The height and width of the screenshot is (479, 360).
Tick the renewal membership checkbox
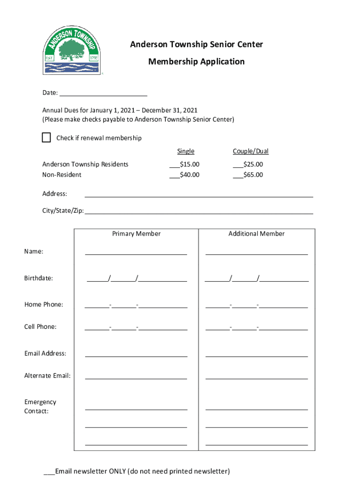point(46,138)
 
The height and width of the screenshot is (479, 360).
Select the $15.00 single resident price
point(185,164)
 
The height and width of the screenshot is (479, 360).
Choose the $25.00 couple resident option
point(248,164)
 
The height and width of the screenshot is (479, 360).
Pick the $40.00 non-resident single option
point(185,175)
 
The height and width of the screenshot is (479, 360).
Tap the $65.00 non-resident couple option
point(248,175)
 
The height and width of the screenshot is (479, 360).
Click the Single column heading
point(186,151)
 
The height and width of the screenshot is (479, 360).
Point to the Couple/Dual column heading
point(251,151)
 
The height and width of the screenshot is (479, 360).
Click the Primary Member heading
point(136,233)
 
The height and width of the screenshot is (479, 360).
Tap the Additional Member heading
point(256,233)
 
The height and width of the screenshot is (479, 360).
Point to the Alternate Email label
point(47,376)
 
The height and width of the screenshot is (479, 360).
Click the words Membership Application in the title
point(196,62)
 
